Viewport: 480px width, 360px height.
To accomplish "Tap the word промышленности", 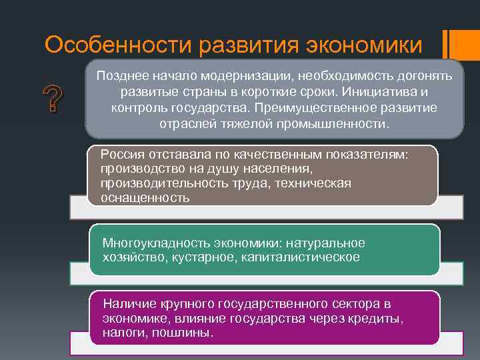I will (x=338, y=124).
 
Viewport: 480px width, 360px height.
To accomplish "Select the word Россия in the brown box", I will (x=121, y=155).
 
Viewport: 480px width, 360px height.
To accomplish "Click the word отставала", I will (x=171, y=155).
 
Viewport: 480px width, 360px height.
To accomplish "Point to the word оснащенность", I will (x=145, y=198).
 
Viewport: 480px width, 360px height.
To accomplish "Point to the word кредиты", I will (x=379, y=319).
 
